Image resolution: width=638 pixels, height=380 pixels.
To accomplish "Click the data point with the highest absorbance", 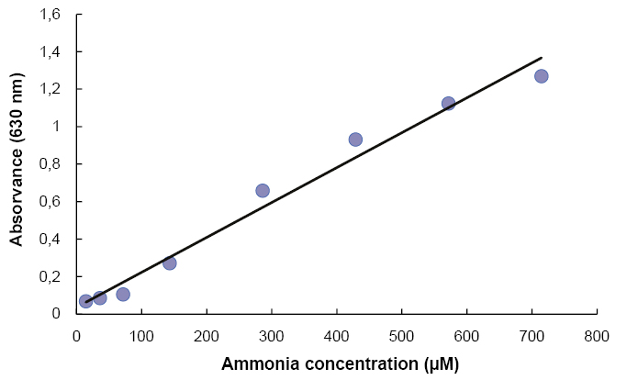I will click(x=541, y=76).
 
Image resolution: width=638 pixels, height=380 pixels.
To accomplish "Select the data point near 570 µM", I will click(x=448, y=104).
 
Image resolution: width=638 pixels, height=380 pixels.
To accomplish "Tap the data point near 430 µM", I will click(x=355, y=140).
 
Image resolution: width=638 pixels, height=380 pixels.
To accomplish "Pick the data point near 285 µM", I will click(x=263, y=191).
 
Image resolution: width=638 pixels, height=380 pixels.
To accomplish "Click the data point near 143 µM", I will click(x=170, y=263).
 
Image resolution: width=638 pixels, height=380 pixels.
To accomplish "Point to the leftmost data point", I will click(x=85, y=301).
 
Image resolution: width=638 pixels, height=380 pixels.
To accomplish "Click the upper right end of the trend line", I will click(x=542, y=57).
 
